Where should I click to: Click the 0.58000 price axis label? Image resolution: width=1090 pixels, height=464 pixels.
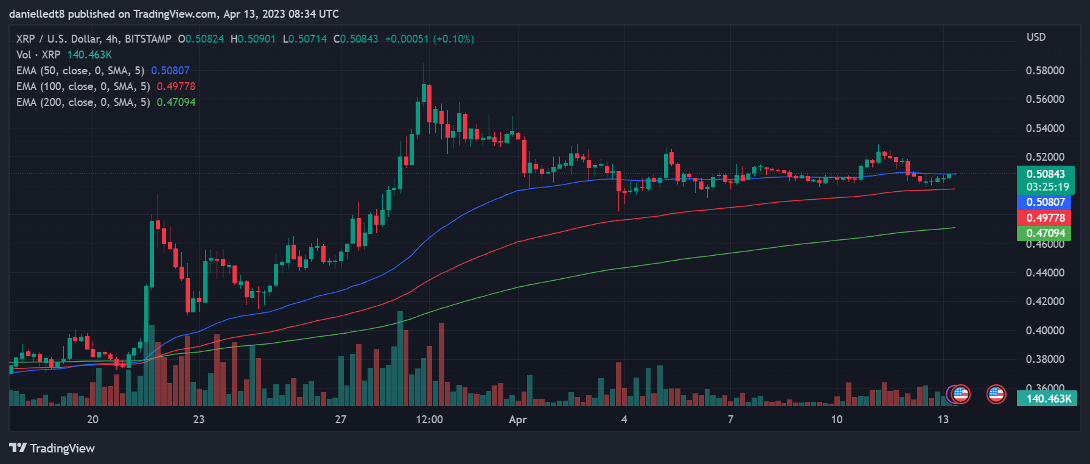click(1045, 71)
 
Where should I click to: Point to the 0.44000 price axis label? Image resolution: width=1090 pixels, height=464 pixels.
click(1045, 273)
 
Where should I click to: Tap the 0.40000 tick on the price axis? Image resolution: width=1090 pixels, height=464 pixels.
click(1045, 331)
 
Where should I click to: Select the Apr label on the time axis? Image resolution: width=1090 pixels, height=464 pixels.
click(517, 420)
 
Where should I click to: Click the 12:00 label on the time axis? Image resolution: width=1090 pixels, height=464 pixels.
click(429, 420)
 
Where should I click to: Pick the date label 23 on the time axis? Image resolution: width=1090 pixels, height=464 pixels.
click(198, 420)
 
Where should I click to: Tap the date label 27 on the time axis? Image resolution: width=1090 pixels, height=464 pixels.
click(340, 420)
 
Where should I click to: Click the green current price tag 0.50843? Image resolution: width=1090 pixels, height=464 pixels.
click(1046, 174)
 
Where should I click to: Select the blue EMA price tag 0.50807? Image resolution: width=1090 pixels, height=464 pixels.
click(1046, 202)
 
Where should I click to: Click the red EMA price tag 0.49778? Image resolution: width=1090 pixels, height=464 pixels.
click(1046, 218)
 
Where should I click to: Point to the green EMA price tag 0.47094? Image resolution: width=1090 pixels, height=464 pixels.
click(1046, 233)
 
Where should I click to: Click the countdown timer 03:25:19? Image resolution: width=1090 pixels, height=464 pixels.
click(1047, 187)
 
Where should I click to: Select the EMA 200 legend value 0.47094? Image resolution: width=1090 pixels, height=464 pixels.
click(176, 102)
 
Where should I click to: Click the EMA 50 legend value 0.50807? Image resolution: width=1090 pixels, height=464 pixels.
click(170, 71)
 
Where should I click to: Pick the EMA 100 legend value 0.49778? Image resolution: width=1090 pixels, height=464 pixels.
click(176, 86)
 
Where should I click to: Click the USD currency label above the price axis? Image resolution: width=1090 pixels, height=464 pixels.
click(1036, 37)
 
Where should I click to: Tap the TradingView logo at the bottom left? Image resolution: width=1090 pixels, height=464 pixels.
click(52, 449)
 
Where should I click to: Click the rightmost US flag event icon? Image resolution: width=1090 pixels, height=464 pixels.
click(996, 395)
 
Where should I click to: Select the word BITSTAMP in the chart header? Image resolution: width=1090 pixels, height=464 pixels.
click(148, 39)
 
